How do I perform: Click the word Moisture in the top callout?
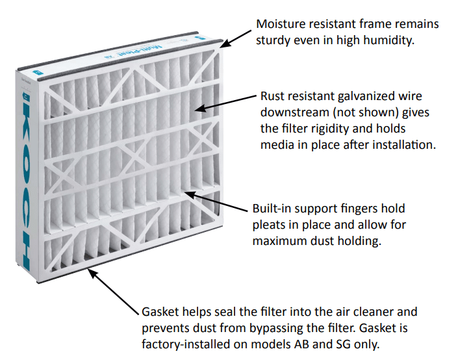point(280,24)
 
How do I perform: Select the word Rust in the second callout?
point(274,96)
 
